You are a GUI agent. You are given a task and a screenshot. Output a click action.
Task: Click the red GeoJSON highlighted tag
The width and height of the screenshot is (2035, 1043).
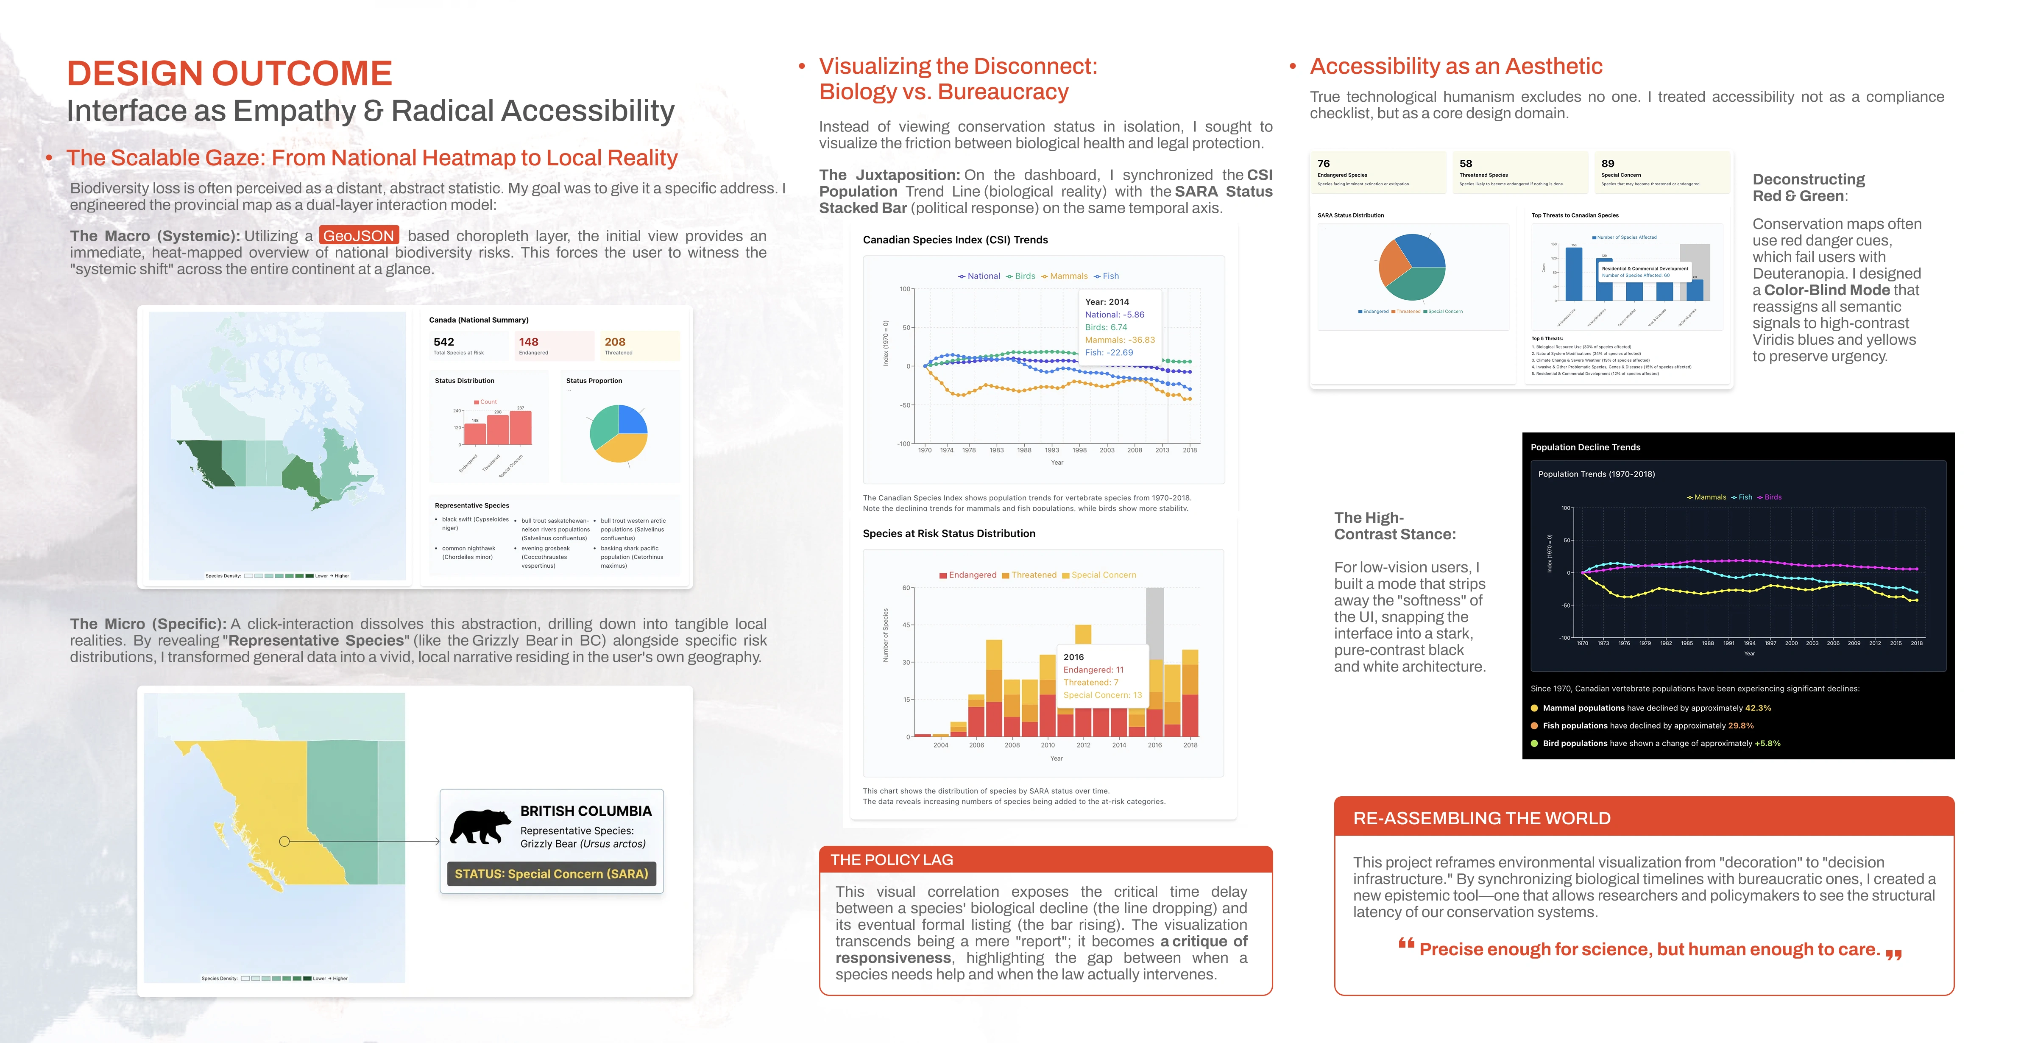tap(359, 235)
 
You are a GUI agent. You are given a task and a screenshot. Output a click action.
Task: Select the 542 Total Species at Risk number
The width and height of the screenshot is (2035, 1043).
tap(444, 342)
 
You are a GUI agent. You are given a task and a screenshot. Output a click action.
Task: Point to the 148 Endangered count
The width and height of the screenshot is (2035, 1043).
tap(529, 342)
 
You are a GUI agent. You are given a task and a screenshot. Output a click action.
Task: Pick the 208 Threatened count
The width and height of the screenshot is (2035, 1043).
tap(615, 342)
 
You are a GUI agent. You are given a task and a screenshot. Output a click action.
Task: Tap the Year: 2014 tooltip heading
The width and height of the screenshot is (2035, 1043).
tap(1107, 302)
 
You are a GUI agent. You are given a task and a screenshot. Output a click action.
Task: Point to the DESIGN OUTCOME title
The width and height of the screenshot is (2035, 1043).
tap(229, 73)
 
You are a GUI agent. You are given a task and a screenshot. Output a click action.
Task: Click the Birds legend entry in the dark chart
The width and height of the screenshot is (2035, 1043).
tap(1772, 497)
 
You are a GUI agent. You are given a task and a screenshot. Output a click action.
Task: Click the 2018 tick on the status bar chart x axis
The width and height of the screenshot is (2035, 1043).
tap(1190, 745)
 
